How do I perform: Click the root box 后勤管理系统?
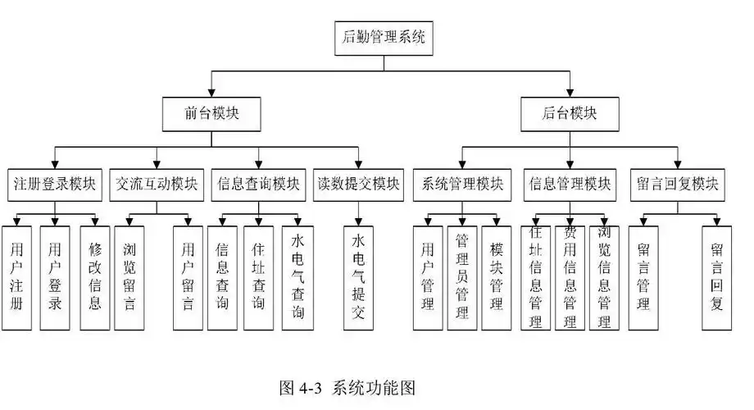point(383,36)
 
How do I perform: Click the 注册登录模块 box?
point(54,184)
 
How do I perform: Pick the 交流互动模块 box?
point(157,184)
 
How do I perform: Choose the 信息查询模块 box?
point(258,184)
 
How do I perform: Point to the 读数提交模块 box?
point(359,184)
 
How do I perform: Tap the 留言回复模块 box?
point(678,184)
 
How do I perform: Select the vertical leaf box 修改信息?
point(94,276)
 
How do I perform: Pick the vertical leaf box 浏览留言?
point(129,276)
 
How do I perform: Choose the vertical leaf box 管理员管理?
point(461,276)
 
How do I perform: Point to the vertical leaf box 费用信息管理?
point(570,276)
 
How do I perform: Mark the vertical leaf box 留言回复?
point(716,276)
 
